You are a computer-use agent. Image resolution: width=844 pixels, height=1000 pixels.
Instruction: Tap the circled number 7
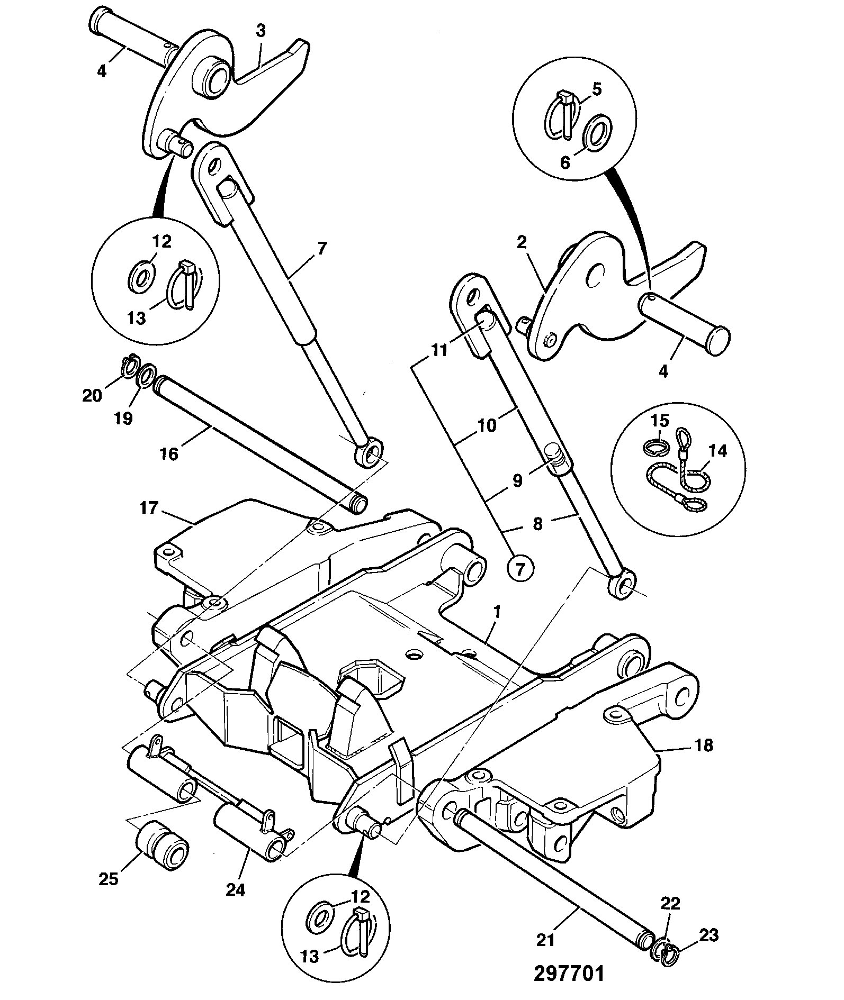(x=521, y=569)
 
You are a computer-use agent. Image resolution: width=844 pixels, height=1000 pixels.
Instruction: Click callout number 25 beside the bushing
(x=110, y=878)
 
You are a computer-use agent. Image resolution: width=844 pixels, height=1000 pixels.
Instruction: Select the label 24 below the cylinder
(x=235, y=890)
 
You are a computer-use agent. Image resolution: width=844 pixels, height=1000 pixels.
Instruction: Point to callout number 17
(x=149, y=508)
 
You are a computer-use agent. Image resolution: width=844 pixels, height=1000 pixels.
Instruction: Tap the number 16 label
(x=169, y=454)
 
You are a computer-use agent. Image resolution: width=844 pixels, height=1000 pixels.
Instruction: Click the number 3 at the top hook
(x=261, y=30)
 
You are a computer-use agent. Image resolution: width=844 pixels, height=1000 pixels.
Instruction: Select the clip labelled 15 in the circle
(x=656, y=447)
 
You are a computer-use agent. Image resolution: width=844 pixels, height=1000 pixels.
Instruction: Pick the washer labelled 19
(x=146, y=375)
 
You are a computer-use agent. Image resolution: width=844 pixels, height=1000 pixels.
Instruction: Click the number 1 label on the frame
(x=497, y=612)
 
